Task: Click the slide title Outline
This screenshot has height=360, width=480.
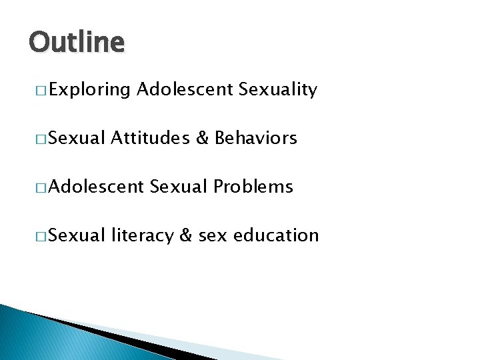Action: tap(77, 43)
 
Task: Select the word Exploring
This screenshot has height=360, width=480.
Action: tap(89, 90)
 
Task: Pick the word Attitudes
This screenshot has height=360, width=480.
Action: tap(151, 138)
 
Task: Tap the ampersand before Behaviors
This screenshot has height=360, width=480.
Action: tap(203, 138)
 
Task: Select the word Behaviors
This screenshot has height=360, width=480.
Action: tap(256, 138)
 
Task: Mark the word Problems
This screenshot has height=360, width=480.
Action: tap(253, 187)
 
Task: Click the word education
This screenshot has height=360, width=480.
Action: tap(277, 235)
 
